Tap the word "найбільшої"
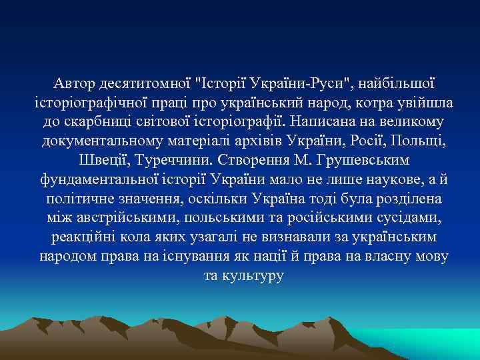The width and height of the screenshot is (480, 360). [399, 84]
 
